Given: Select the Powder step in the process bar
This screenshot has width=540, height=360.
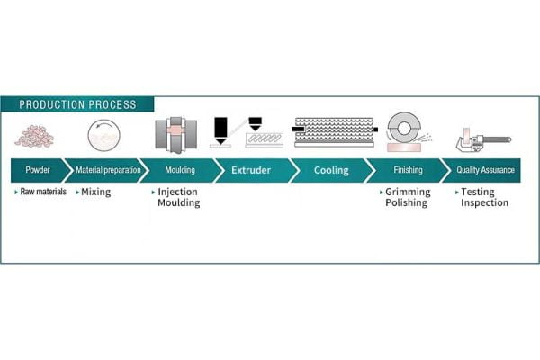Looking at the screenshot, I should pos(38,169).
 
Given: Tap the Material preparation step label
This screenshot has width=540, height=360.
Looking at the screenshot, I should pos(107,169).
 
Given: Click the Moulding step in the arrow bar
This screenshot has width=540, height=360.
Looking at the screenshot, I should pos(180,169).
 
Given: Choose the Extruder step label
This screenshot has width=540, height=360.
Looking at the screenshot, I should pos(250,169).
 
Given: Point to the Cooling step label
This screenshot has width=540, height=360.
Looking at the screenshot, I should pos(326,169).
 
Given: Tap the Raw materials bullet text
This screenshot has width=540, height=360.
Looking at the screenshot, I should pos(43,193).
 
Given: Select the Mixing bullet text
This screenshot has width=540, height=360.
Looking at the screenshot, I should pos(96,193).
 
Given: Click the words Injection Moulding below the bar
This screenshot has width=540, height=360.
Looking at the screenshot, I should pos(178,197).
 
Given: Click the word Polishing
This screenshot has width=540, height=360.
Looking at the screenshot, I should pos(407,203).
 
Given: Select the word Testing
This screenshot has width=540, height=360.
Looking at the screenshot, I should pos(477,193).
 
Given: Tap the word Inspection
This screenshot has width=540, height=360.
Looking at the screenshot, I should pos(484,203).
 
